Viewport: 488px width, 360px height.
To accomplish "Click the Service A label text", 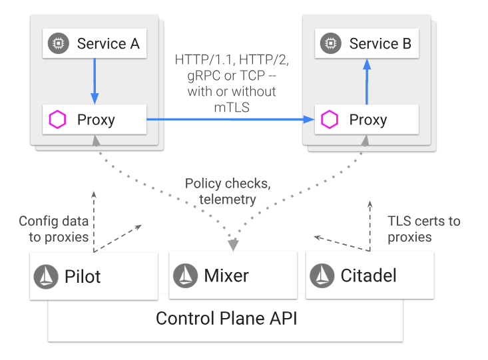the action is tap(109, 43).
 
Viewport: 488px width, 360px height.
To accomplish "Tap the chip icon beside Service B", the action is tap(330, 43).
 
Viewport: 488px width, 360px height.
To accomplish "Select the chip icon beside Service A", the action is tap(58, 43).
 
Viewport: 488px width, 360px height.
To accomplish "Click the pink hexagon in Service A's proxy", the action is tap(57, 119).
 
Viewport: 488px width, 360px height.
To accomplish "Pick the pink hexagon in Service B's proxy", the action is tap(330, 119).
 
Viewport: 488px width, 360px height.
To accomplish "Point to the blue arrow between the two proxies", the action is tap(230, 119).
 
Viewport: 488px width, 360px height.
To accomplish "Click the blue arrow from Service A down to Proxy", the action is tap(95, 81).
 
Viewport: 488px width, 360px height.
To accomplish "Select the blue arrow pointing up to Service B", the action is tap(367, 81).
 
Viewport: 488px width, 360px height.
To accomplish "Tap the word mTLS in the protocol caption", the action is tap(232, 107).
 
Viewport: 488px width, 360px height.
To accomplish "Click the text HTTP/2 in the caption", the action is tap(264, 60).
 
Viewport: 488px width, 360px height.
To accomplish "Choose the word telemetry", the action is tap(228, 200).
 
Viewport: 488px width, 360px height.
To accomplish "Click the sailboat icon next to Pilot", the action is tap(46, 277).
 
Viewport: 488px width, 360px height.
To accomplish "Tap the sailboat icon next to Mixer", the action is tap(186, 275).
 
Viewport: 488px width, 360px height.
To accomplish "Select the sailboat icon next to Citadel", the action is tap(322, 275).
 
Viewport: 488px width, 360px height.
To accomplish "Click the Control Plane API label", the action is tap(226, 318).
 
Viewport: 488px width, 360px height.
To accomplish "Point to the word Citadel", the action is tap(368, 275).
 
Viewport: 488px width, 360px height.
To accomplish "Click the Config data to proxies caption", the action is tap(54, 229).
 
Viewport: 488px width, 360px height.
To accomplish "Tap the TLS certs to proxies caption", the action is tap(424, 229).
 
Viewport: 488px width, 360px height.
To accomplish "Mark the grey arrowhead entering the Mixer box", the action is tap(233, 245).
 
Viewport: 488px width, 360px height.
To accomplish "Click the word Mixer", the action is tap(226, 275).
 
